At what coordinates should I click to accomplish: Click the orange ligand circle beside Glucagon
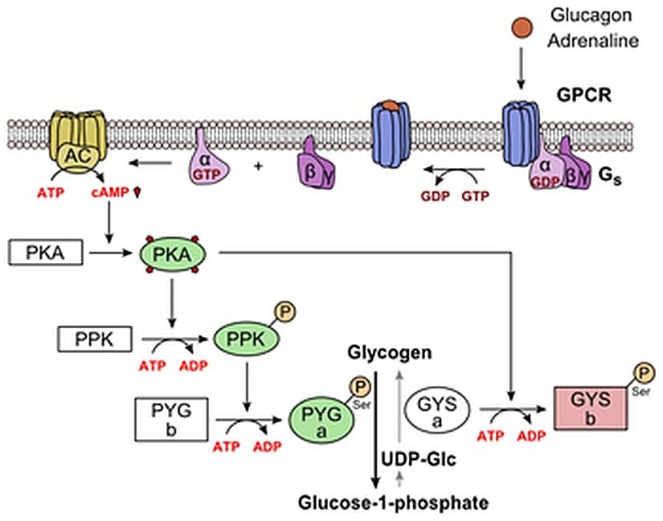coord(523,27)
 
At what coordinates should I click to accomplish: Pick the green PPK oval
coord(244,341)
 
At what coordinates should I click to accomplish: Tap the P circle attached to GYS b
coord(643,372)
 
